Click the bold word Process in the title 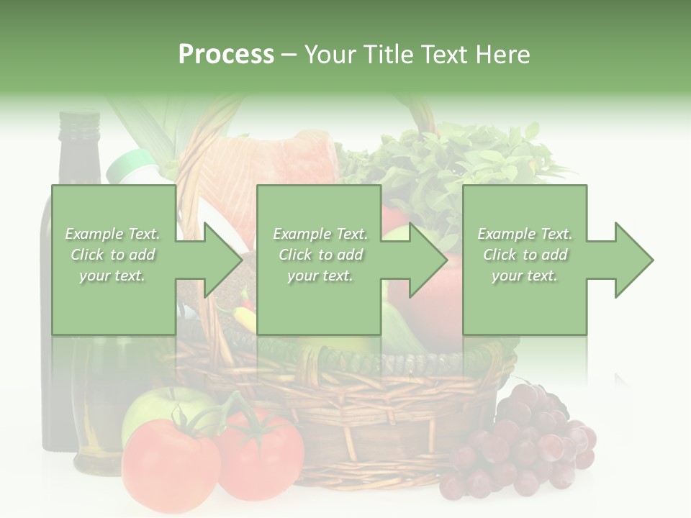pyautogui.click(x=226, y=54)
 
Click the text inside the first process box pyautogui.click(x=112, y=255)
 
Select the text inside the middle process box pyautogui.click(x=320, y=255)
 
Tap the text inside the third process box pyautogui.click(x=525, y=255)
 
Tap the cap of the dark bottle pyautogui.click(x=78, y=122)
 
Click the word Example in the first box pyautogui.click(x=94, y=234)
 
